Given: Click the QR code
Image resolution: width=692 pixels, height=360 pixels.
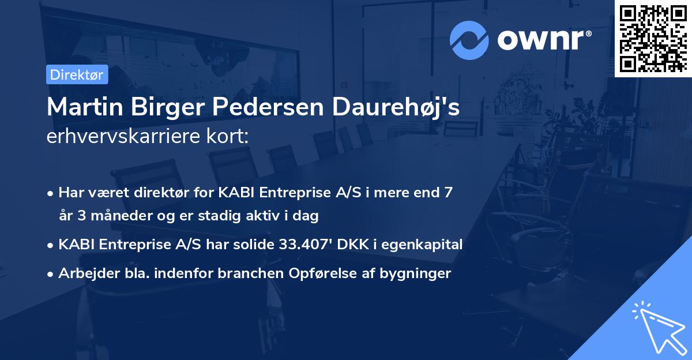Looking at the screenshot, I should [653, 38].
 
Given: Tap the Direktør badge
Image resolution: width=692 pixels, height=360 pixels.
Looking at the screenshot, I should [77, 74].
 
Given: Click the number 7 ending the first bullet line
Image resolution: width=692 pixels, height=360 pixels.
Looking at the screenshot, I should [448, 193].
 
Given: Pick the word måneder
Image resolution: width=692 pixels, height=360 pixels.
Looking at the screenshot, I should [113, 216].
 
